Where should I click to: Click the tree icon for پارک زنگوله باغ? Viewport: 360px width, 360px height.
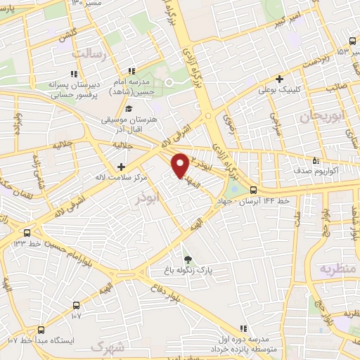tap(186, 259)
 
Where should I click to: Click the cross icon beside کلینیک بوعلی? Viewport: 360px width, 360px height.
tap(280, 79)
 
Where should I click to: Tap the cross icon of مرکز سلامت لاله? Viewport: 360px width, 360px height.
tap(122, 167)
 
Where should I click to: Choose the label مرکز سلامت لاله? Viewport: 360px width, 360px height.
tap(122, 178)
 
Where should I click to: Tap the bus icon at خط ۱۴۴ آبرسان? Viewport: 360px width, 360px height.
tap(253, 189)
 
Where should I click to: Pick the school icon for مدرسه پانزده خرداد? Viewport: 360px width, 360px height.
tap(243, 328)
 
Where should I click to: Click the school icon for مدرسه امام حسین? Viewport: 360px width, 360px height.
tap(131, 71)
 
